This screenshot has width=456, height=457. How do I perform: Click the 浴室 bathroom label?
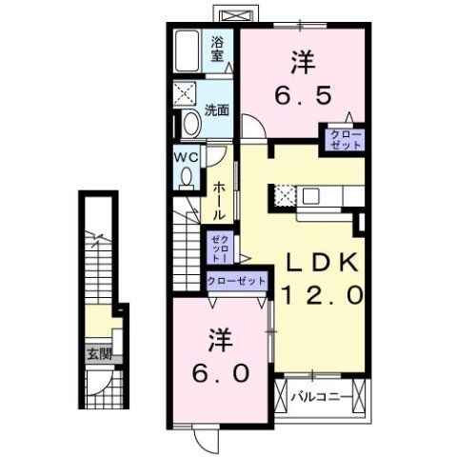(x=218, y=49)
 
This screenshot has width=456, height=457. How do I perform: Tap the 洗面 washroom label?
(x=217, y=109)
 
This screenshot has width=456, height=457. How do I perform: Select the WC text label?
(x=186, y=157)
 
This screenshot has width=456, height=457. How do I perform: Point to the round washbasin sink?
(x=189, y=124)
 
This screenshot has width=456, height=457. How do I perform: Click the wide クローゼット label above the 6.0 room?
(x=236, y=282)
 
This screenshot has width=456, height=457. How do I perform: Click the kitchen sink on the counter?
(x=313, y=196)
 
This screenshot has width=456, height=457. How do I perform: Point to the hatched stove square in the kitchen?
(x=285, y=196)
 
